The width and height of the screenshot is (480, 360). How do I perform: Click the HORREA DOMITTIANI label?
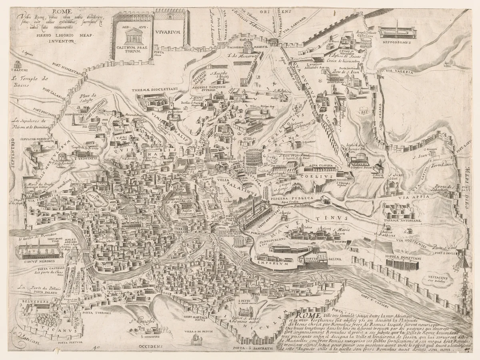click(x=403, y=258)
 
